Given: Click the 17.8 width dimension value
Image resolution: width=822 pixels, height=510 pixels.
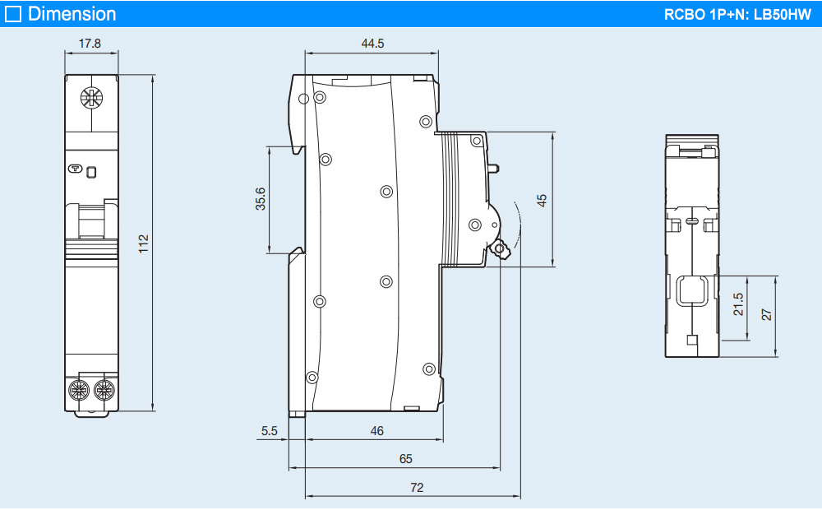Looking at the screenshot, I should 90,44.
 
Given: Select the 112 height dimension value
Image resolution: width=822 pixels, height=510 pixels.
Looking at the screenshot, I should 143,243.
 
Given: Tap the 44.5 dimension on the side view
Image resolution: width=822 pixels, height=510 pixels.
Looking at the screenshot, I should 372,44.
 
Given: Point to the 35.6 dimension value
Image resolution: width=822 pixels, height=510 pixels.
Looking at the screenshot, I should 260,200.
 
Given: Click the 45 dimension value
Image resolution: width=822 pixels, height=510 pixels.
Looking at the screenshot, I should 542,199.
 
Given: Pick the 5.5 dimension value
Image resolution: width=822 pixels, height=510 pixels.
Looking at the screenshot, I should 270,430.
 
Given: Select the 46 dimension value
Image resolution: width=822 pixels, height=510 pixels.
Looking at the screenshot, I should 376,430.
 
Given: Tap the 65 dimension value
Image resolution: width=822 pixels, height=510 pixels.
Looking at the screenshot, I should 405,459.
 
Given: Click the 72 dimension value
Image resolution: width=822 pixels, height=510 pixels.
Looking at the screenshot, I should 417,488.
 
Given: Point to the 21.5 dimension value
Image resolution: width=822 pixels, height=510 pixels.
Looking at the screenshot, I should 738,304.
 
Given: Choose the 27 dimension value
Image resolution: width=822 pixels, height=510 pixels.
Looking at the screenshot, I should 767,314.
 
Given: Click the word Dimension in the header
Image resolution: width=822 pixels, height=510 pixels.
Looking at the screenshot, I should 72,14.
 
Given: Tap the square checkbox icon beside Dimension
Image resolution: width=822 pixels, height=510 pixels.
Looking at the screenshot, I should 13,14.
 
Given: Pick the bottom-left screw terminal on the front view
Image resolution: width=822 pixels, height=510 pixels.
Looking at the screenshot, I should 81,388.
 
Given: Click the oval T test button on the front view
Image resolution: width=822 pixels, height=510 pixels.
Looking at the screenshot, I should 76,170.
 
